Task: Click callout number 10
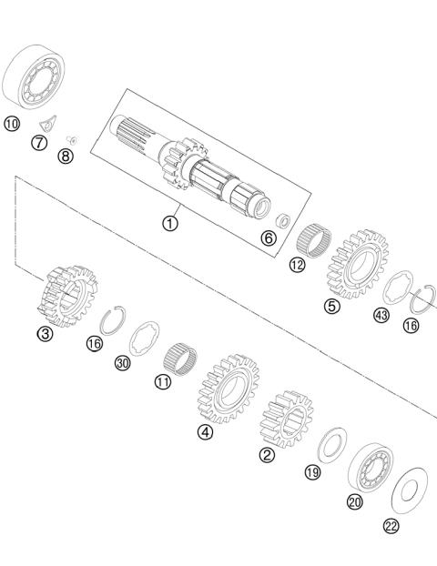(x=11, y=123)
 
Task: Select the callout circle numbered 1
(x=171, y=221)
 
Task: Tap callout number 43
(x=381, y=316)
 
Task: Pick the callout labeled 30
(x=123, y=362)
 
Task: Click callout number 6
(x=268, y=238)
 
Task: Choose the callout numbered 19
(x=312, y=471)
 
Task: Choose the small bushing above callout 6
(x=283, y=220)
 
